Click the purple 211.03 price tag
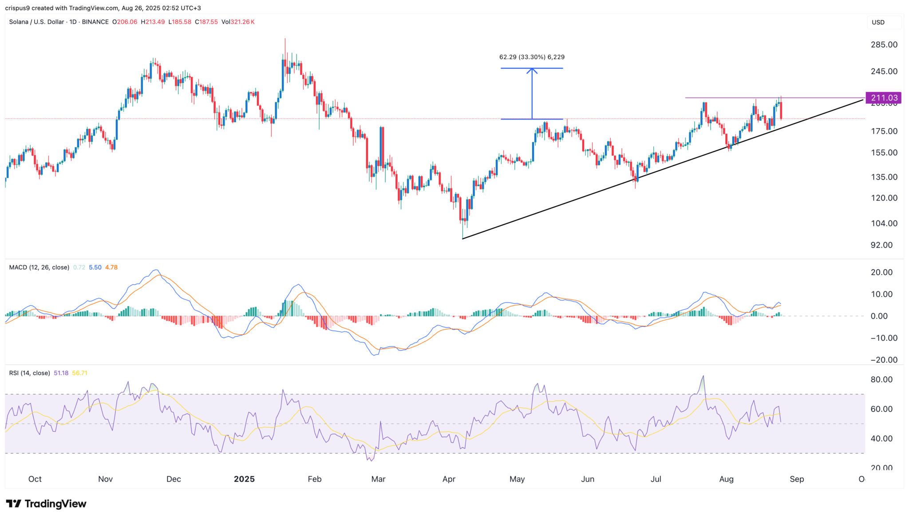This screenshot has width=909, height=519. pos(883,98)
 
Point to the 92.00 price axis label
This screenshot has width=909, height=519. pos(881,245)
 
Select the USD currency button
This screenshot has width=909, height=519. pos(878,22)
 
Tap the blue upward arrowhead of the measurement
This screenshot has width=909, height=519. pos(532,70)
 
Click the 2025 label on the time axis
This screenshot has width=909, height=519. pos(244,479)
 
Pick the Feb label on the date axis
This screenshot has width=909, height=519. pos(314,479)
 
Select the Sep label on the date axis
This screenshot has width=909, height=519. pos(796,479)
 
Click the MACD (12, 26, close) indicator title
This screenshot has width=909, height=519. pos(39,267)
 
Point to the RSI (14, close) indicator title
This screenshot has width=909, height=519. pos(29,373)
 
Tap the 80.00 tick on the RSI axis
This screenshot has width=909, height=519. pos(881,379)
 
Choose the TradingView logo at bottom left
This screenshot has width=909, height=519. pos(46,503)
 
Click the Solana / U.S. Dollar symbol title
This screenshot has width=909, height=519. pos(36,22)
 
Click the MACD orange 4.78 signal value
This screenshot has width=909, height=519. pos(111,267)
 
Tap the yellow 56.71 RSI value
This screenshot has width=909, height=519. pos(79,373)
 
